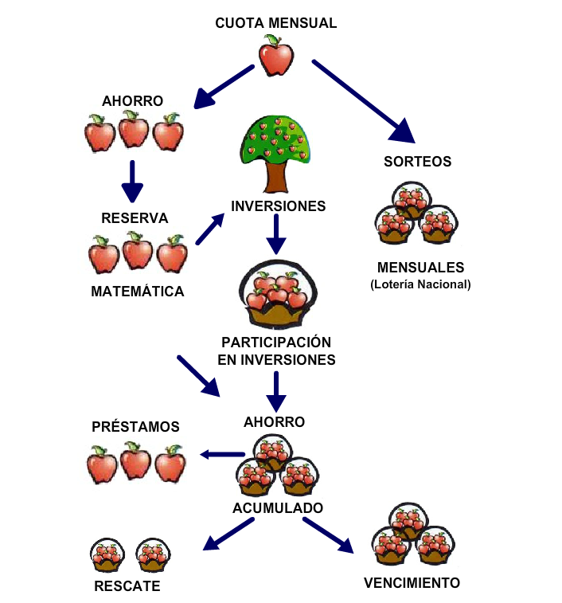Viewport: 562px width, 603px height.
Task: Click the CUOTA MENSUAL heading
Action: tap(275, 23)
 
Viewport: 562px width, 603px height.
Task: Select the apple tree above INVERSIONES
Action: tap(275, 151)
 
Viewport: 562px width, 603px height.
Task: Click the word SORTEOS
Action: tap(417, 162)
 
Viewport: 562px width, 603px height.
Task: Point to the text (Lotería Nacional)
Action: tap(420, 284)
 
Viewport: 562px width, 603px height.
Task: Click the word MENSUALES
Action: tap(420, 268)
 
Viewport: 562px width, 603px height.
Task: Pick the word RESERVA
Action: tap(135, 217)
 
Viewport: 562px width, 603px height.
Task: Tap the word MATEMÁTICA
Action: tap(138, 292)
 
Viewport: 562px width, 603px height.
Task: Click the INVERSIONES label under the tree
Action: tap(278, 206)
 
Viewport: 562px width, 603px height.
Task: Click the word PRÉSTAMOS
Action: tap(135, 427)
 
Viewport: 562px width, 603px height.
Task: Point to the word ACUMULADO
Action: tap(278, 507)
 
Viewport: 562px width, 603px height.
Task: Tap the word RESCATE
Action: tap(127, 586)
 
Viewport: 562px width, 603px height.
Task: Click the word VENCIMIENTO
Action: tap(412, 582)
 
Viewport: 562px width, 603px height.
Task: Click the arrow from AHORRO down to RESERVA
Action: tap(132, 181)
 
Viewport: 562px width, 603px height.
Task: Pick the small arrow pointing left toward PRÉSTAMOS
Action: tap(222, 454)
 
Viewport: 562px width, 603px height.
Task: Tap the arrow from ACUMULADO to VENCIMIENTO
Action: tap(327, 534)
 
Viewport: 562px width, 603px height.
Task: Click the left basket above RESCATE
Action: tap(105, 555)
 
